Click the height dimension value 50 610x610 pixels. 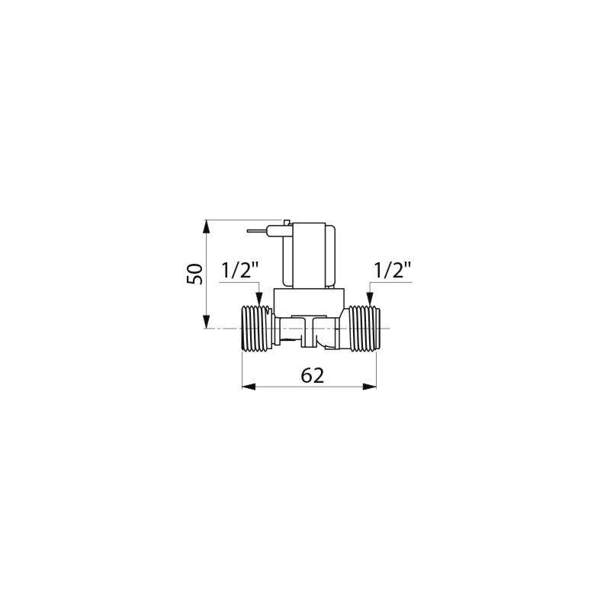point(195,274)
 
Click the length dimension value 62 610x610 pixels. point(313,374)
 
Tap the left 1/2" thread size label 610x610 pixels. point(240,270)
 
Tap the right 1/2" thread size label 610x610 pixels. point(393,270)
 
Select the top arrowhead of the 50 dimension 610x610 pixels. point(206,226)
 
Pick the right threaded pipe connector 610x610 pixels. point(363,329)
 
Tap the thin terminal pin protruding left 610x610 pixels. point(258,228)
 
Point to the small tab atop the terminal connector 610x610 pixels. point(286,222)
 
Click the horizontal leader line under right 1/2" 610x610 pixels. point(396,283)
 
